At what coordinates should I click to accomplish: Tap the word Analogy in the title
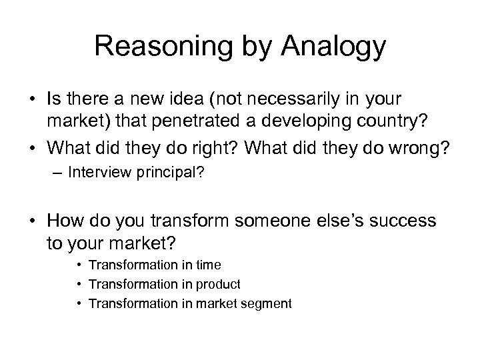[335, 47]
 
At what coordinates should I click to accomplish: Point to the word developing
[330, 122]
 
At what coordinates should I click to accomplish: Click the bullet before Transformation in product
[79, 285]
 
